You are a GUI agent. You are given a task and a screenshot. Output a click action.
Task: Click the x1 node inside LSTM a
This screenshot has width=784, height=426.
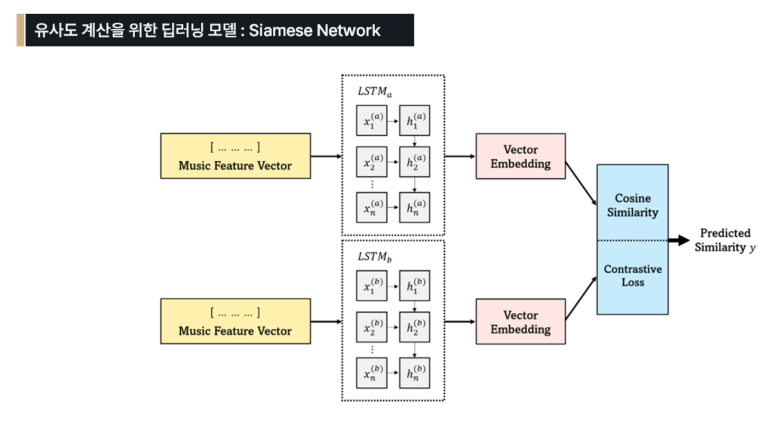point(372,121)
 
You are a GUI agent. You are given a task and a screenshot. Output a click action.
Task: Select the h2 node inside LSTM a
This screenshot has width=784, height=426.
point(415,164)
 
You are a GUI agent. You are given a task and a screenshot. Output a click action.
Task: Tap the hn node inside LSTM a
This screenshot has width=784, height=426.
point(415,207)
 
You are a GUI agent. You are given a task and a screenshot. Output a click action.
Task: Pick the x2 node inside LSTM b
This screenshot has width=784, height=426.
point(372,328)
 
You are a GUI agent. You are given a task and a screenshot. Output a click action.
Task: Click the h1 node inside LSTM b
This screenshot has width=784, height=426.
point(415,286)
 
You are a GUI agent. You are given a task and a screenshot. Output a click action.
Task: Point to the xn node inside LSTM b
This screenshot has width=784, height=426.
point(372,372)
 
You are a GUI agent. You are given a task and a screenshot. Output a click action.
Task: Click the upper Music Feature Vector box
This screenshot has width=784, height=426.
point(235,156)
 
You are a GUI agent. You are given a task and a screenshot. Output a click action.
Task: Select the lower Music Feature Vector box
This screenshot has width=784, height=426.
point(235,322)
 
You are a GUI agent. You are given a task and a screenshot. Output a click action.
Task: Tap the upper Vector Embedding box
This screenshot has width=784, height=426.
point(521,156)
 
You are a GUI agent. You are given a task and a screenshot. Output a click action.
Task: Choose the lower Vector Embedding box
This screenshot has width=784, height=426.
point(521,322)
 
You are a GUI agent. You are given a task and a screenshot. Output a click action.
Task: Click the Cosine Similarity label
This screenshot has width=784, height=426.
point(633,205)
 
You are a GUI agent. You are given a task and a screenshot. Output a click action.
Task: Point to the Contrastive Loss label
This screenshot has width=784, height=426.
point(633,275)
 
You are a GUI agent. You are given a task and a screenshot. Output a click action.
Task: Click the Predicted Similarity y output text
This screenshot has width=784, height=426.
point(725,240)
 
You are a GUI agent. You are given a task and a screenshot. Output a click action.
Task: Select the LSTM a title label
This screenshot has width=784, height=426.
point(375,92)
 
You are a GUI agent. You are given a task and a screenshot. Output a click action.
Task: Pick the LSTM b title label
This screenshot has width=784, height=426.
point(375,257)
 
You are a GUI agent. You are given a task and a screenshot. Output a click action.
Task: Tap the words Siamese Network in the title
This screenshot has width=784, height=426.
point(315,30)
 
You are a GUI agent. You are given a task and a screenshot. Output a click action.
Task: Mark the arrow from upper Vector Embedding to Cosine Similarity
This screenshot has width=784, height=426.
point(581,183)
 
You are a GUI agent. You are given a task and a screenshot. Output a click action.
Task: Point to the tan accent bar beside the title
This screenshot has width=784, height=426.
point(20,30)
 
